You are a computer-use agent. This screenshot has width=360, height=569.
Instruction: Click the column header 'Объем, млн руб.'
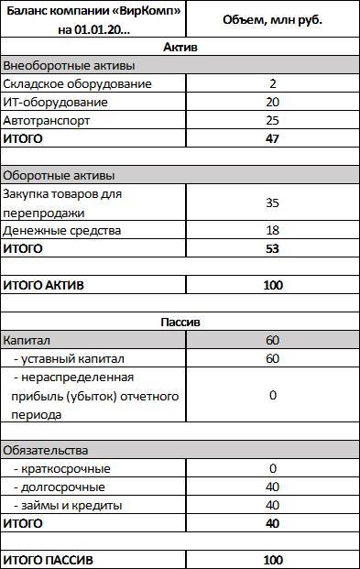pyautogui.click(x=272, y=18)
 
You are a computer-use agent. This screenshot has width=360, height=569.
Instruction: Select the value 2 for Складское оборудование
pyautogui.click(x=272, y=83)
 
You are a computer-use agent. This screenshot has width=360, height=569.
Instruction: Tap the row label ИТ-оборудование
pyautogui.click(x=56, y=102)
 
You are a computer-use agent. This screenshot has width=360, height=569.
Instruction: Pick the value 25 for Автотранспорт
pyautogui.click(x=272, y=120)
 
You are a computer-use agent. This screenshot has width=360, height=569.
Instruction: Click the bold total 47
pyautogui.click(x=272, y=138)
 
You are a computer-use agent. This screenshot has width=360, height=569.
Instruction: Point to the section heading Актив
pyautogui.click(x=180, y=47)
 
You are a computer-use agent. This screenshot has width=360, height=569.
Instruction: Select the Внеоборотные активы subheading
pyautogui.click(x=70, y=65)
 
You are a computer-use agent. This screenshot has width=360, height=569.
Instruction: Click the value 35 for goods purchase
pyautogui.click(x=272, y=202)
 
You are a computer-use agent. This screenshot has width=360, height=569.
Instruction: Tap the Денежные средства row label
pyautogui.click(x=62, y=230)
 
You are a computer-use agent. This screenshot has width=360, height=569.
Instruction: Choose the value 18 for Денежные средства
pyautogui.click(x=272, y=230)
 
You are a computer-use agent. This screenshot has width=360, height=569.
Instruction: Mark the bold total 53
pyautogui.click(x=272, y=248)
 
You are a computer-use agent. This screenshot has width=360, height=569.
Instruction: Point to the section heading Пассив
pyautogui.click(x=180, y=322)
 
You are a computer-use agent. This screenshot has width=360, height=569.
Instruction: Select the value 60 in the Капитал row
pyautogui.click(x=272, y=340)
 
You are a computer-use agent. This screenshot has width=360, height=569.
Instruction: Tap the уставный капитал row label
pyautogui.click(x=70, y=358)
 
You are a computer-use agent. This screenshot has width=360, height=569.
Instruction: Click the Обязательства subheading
pyautogui.click(x=46, y=450)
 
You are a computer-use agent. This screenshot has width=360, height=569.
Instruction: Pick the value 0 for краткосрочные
pyautogui.click(x=272, y=468)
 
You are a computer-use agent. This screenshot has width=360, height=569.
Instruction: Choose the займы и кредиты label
pyautogui.click(x=69, y=505)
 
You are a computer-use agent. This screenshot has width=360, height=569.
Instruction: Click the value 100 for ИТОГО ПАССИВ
pyautogui.click(x=272, y=559)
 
